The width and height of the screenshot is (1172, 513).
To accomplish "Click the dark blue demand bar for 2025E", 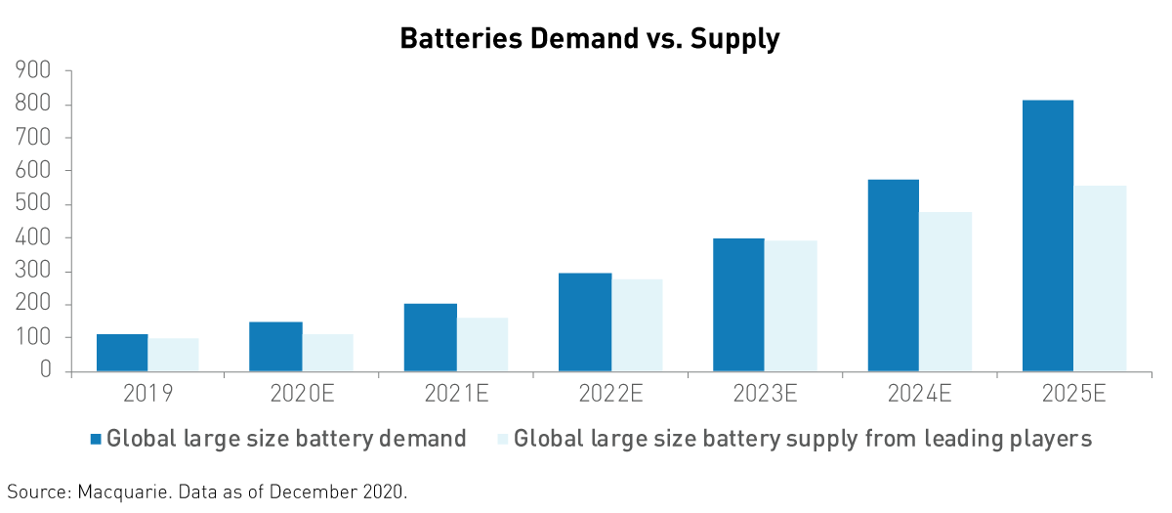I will (1047, 235).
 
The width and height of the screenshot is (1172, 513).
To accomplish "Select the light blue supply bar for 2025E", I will (1100, 278).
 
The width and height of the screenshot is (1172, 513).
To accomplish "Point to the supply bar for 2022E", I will (637, 324).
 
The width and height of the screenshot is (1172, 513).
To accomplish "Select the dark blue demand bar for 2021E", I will (430, 337).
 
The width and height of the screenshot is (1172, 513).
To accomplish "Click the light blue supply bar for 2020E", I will (328, 353).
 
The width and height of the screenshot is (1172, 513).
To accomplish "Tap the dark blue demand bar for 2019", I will (122, 353).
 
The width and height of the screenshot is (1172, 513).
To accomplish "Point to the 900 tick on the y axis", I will (33, 71).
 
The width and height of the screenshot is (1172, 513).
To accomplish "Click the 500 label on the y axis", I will (33, 204).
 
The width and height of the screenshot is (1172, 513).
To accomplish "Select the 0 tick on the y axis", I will (45, 371).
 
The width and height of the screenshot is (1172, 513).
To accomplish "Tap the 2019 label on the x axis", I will (147, 395).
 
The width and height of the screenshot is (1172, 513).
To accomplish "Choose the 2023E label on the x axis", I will (765, 395).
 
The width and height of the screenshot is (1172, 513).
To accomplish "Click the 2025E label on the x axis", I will (1073, 395).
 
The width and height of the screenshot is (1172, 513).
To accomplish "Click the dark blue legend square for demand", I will (95, 439).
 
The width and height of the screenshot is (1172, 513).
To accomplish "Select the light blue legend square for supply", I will (502, 439).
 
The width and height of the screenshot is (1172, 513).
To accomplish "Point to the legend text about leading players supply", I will (802, 439).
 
